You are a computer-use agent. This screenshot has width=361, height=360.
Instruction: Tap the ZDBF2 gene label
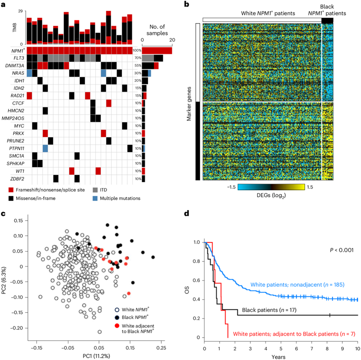tap(15, 179)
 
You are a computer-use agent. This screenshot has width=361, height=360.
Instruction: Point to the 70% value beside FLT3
tap(136, 58)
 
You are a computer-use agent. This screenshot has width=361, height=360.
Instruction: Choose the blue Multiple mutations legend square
tap(95, 198)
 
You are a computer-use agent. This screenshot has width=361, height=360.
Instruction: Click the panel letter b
tap(187, 5)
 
